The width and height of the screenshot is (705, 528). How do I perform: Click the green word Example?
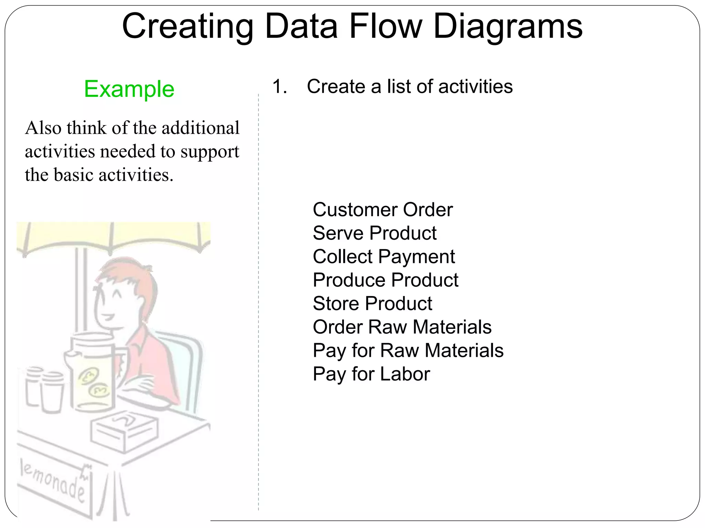(x=129, y=89)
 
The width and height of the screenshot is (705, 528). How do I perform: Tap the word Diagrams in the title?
(x=508, y=27)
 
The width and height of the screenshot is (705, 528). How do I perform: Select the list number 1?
(x=279, y=86)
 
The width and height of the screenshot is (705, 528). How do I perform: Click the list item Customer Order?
(x=382, y=210)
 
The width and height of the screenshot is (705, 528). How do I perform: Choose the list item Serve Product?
(x=375, y=233)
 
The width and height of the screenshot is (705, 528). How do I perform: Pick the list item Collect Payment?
(x=383, y=257)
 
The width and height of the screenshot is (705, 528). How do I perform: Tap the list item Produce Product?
(x=385, y=280)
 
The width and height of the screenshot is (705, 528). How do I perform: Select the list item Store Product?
(x=372, y=304)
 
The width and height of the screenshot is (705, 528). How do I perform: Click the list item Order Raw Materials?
(x=402, y=327)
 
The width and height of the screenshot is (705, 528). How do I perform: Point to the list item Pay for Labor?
(x=371, y=374)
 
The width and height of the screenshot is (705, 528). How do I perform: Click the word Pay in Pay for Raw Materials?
(x=329, y=351)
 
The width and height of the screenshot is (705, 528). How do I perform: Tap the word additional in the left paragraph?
(x=200, y=128)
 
